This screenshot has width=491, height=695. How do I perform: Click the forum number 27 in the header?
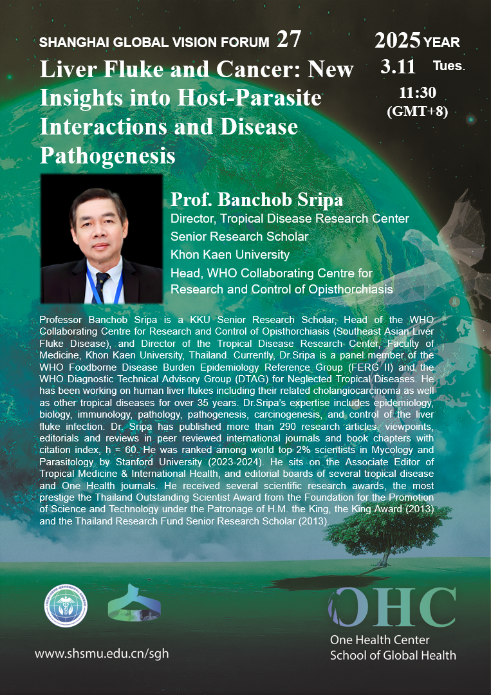(x=288, y=40)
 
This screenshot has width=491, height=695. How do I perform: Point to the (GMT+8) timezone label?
(x=417, y=109)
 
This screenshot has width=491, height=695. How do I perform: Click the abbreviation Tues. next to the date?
(x=449, y=66)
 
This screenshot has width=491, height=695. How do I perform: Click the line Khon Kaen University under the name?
(x=230, y=255)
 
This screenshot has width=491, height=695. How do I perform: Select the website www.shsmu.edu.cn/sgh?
(x=102, y=654)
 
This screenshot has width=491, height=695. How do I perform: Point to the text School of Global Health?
(x=393, y=655)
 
